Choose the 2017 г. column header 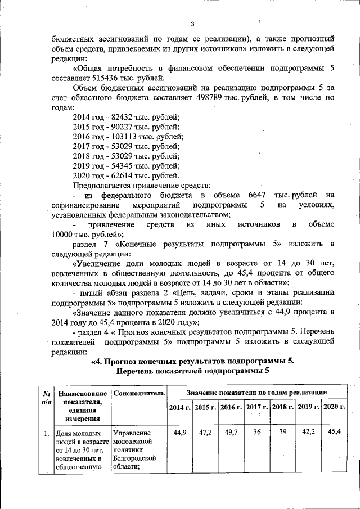pyautogui.click(x=257, y=406)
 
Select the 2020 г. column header pyautogui.click(x=334, y=406)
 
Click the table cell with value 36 pyautogui.click(x=257, y=432)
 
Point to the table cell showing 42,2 pyautogui.click(x=308, y=432)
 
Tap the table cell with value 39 pyautogui.click(x=283, y=432)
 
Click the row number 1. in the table pyautogui.click(x=45, y=434)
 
